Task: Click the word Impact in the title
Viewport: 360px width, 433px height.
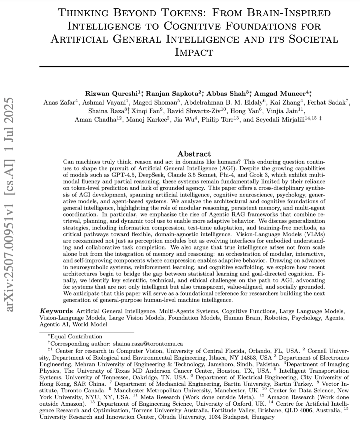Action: pos(194,52)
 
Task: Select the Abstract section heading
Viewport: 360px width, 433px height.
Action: pos(194,154)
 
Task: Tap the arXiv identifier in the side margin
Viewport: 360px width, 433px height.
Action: pos(10,205)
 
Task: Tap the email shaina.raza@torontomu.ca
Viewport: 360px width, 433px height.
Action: pos(148,343)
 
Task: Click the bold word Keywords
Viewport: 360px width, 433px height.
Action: pos(56,311)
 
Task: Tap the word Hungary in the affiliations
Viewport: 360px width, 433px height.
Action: pos(263,417)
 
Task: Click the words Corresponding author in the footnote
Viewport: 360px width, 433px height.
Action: pos(80,343)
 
